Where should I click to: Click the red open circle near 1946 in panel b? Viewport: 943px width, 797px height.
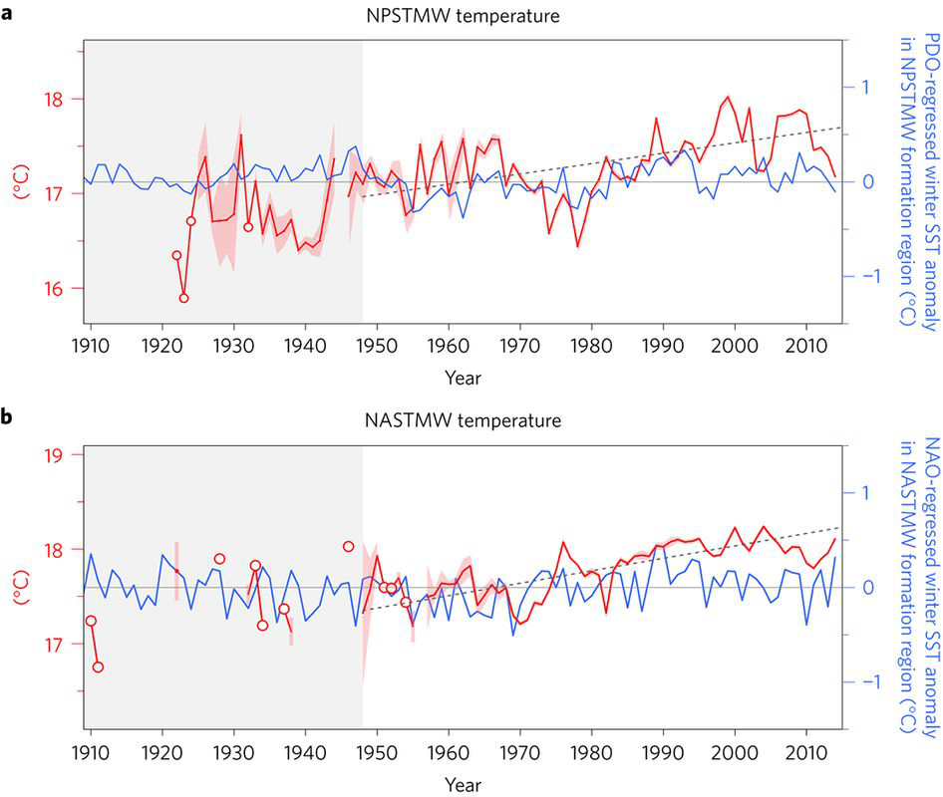[348, 546]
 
